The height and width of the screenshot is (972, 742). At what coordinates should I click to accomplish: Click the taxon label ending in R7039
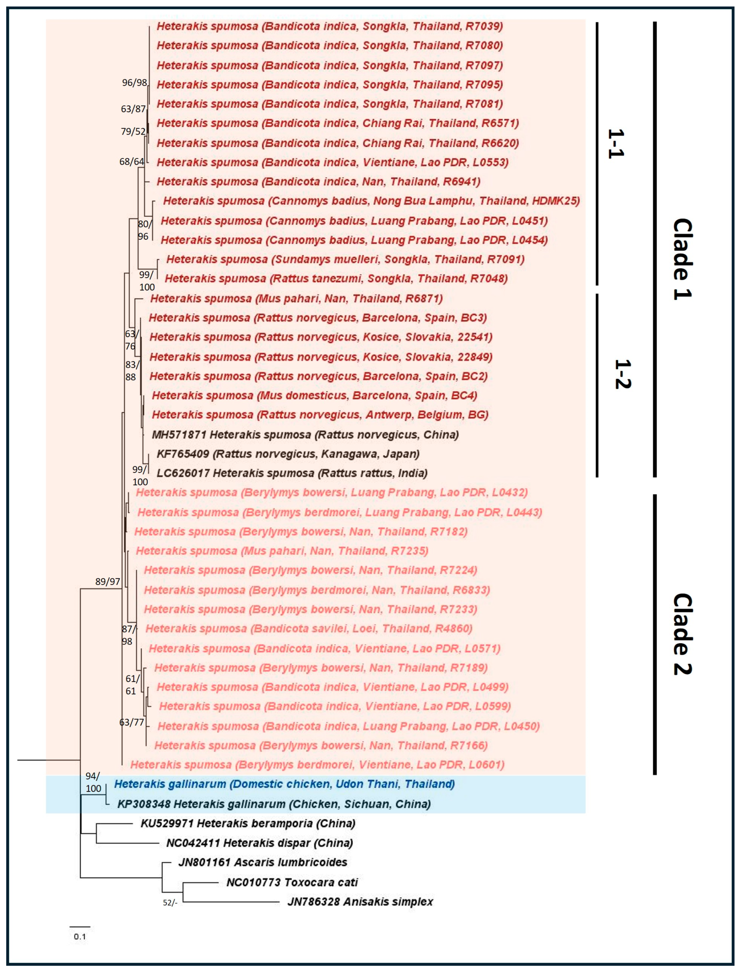[329, 26]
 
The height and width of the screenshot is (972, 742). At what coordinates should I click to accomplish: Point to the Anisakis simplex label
[360, 902]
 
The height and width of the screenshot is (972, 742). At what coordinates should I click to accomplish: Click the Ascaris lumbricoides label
[263, 862]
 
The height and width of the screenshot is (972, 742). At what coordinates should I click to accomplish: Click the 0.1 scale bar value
[80, 936]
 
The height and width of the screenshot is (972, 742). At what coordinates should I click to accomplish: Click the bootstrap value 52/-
[170, 903]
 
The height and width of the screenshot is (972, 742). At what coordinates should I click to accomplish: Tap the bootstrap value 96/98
[134, 83]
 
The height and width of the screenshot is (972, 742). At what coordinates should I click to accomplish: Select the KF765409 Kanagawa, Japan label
[288, 454]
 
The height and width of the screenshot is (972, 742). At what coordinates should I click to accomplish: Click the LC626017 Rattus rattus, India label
[292, 473]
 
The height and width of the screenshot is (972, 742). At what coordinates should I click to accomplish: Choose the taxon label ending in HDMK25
[371, 201]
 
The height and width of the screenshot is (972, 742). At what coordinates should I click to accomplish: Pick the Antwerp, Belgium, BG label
[320, 415]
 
